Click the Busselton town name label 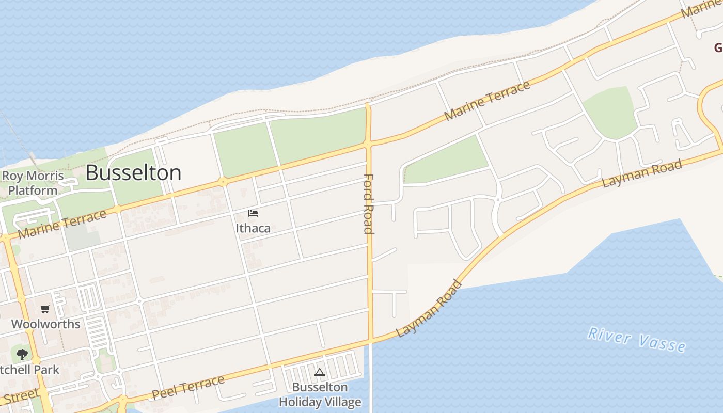[133, 172]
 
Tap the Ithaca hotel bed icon [253, 213]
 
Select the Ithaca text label [253, 228]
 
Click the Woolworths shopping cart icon [45, 309]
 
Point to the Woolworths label [46, 324]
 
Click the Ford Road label [368, 204]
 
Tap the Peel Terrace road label [188, 388]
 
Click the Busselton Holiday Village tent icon [320, 372]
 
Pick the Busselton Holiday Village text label [320, 394]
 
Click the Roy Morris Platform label [33, 183]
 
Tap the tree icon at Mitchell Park [22, 354]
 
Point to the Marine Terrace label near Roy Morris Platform [62, 225]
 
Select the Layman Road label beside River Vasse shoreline [429, 308]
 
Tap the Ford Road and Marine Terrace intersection [368, 144]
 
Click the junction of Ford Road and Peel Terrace [370, 340]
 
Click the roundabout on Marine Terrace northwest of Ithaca [223, 182]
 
